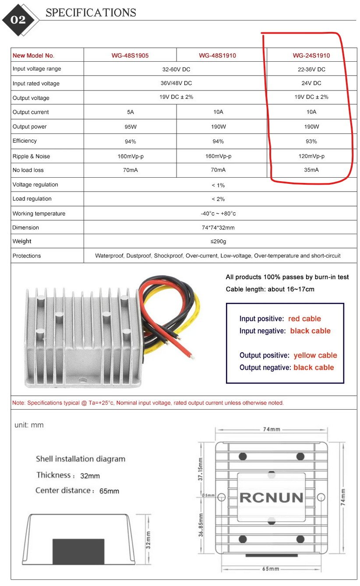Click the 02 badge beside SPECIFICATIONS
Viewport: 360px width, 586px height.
18,20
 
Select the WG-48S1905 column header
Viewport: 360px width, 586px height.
130,56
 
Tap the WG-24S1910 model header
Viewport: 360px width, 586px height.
311,56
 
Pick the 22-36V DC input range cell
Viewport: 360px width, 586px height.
311,70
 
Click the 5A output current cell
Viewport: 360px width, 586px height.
130,112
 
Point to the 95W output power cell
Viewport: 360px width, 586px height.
130,127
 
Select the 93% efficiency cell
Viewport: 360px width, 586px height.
311,141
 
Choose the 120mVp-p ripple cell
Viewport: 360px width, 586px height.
311,156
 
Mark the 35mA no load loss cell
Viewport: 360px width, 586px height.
311,170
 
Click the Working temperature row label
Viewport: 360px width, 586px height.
39,214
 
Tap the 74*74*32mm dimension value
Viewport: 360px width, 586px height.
218,228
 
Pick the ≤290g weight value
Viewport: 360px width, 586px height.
218,242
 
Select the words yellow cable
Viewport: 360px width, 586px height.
315,355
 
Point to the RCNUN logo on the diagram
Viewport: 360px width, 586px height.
272,498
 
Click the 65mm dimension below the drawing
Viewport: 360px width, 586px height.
271,568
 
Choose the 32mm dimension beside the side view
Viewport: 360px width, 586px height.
148,540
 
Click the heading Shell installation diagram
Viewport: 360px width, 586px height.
81,459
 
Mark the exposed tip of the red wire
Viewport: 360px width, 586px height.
191,356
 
